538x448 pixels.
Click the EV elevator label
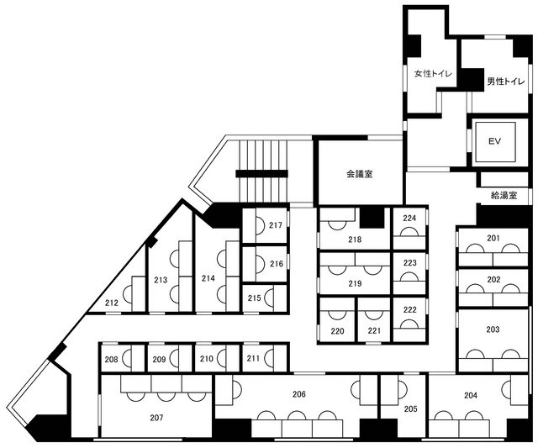(x=494, y=141)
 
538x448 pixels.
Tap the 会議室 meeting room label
(x=359, y=174)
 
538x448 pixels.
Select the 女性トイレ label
(x=433, y=74)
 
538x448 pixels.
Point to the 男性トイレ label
(x=506, y=82)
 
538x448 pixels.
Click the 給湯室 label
(x=504, y=196)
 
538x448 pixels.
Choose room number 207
(x=156, y=418)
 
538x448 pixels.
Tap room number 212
(x=112, y=303)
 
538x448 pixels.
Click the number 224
(x=409, y=219)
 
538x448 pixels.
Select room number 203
(x=493, y=329)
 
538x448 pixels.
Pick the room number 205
(x=411, y=408)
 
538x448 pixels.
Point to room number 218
(x=355, y=240)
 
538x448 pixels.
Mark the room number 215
(x=254, y=298)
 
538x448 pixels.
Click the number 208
(x=112, y=359)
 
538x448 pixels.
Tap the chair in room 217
(x=260, y=225)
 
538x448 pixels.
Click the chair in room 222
(x=409, y=324)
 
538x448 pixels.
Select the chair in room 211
(x=270, y=358)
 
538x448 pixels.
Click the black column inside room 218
(x=372, y=218)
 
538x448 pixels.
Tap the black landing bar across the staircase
(x=261, y=174)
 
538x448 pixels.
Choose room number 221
(x=374, y=331)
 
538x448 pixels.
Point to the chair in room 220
(x=337, y=314)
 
